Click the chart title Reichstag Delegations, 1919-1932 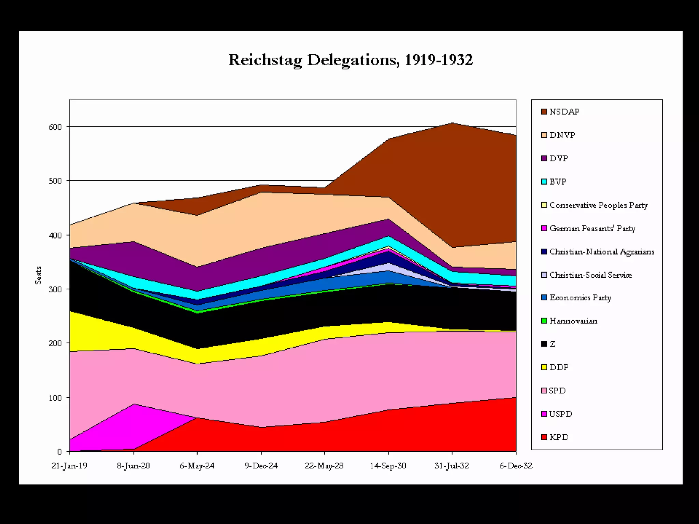click(x=351, y=60)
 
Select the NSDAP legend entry click(x=564, y=112)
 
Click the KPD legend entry click(x=559, y=437)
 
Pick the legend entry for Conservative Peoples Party click(x=598, y=205)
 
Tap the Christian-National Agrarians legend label click(x=602, y=252)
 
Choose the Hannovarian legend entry click(x=573, y=321)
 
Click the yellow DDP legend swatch click(x=544, y=367)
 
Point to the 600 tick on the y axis click(x=55, y=127)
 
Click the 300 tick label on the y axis click(x=55, y=289)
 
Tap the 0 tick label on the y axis click(x=59, y=452)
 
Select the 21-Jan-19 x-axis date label click(x=69, y=466)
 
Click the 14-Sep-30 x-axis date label click(x=388, y=466)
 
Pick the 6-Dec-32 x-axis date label click(x=516, y=466)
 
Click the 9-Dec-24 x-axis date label click(x=261, y=466)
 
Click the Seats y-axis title click(x=38, y=275)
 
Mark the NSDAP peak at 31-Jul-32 click(x=452, y=123)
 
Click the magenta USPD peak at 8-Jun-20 click(x=134, y=405)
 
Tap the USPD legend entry click(x=560, y=414)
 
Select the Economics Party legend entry click(x=580, y=298)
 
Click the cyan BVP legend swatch click(x=544, y=181)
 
